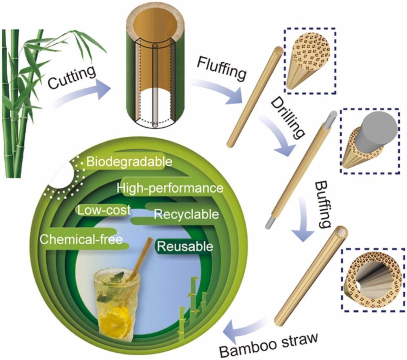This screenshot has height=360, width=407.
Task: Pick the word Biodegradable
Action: pos(129,162)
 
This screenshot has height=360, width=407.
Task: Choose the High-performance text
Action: pos(170,188)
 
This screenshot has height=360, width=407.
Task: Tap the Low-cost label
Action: pos(103,210)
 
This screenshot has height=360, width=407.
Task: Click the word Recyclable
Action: pos(186,214)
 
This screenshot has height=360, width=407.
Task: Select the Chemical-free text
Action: pos(81,239)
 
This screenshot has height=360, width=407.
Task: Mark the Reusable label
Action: pos(185,247)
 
